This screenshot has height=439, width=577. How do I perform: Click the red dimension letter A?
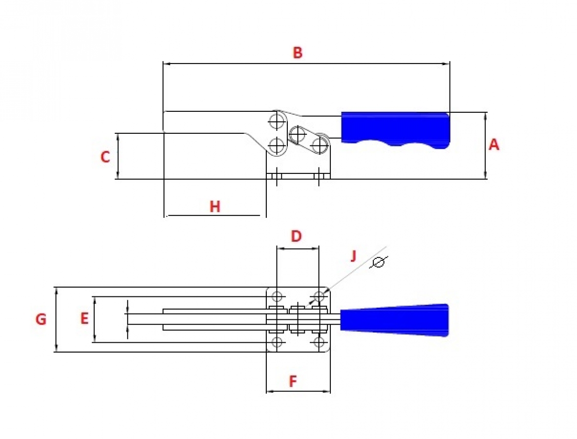pos(494,145)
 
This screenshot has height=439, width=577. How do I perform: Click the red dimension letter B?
pos(298,53)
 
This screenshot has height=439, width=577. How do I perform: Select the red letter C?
pos(105,157)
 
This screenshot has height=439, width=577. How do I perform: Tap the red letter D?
pos(296,236)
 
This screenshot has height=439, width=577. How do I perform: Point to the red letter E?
pos(84,318)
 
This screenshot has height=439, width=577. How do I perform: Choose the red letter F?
pos(293,382)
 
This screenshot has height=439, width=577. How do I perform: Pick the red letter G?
pos(41,319)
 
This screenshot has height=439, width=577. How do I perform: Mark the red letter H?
pos(215,207)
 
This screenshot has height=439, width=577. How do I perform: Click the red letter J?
pos(354,255)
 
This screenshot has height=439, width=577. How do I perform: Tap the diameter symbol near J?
pos(378,262)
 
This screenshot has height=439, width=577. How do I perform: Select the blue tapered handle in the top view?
pos(394,320)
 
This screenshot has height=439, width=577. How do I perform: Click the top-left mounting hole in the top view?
pos(277,296)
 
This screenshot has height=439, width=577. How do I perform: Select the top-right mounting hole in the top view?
pos(319,296)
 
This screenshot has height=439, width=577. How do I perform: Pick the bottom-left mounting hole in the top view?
pos(277,342)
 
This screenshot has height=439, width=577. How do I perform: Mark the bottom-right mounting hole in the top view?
pos(319,342)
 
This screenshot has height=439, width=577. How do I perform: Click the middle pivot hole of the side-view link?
pos(297,135)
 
